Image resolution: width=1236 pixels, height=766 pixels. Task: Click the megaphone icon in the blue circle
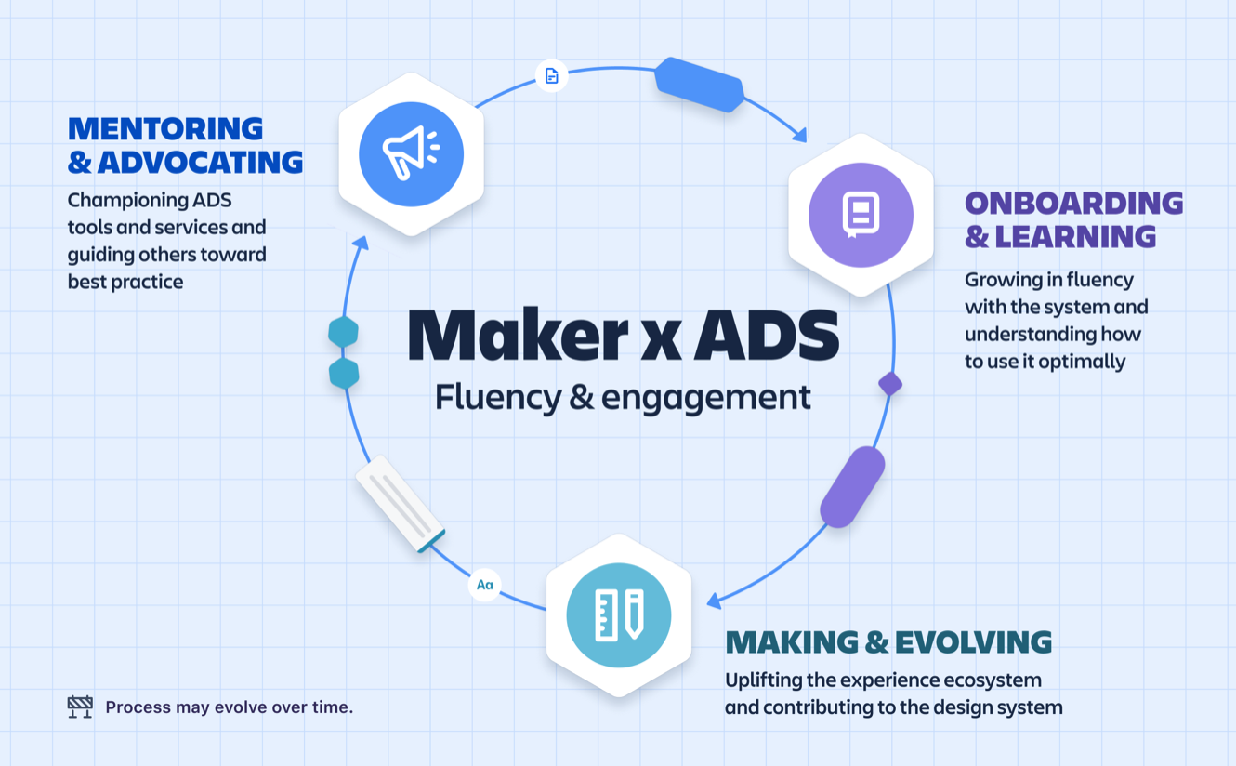411,153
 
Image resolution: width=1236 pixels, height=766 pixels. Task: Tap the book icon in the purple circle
861,215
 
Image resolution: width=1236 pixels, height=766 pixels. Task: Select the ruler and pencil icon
619,614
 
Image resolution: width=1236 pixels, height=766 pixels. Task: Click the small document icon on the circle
552,75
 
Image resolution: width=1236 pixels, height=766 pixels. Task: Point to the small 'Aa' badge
484,585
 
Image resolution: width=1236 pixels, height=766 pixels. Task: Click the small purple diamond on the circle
890,383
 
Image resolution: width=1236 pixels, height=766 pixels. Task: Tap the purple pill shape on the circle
852,486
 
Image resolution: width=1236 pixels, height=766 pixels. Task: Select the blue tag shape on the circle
699,85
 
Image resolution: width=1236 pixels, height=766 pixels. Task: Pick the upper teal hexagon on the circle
343,332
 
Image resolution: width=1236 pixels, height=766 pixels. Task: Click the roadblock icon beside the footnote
80,707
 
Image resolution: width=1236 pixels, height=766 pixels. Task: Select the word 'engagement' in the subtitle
705,397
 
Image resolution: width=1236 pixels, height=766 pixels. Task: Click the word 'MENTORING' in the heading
165,128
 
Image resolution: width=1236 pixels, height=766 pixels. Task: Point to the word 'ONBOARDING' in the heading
1073,203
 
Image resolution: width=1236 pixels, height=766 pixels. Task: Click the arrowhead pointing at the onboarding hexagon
799,137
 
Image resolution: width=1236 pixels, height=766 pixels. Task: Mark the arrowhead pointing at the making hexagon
714,601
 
